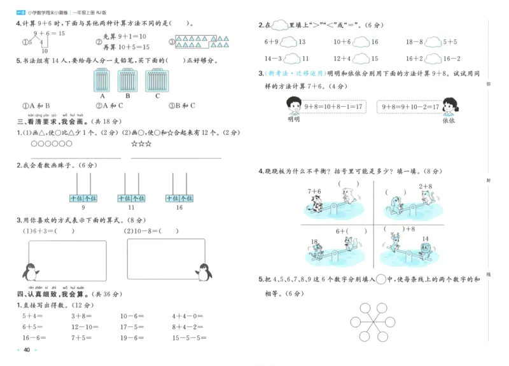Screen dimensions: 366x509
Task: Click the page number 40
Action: [x=27, y=350]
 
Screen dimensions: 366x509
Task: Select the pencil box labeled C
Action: [x=157, y=81]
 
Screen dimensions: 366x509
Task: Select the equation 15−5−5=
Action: [x=188, y=338]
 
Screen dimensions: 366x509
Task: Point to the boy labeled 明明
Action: [x=293, y=105]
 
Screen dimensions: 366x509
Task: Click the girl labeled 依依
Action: [x=449, y=105]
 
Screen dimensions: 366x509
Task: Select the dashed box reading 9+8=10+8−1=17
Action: [x=335, y=106]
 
